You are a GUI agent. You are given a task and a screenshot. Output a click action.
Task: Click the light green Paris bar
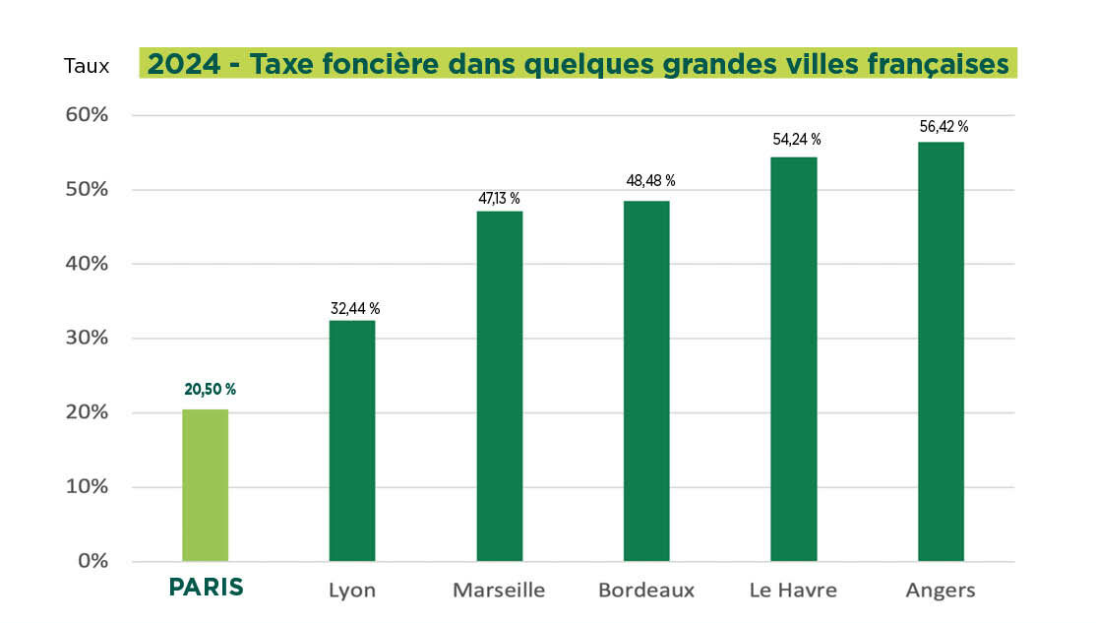pyautogui.click(x=206, y=485)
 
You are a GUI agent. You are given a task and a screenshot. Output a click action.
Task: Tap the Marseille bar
pyautogui.click(x=500, y=386)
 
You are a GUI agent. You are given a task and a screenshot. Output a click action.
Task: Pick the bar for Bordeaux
pyautogui.click(x=646, y=381)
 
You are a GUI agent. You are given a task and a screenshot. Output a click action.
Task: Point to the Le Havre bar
pyautogui.click(x=794, y=359)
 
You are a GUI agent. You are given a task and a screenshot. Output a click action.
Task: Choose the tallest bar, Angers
pyautogui.click(x=941, y=351)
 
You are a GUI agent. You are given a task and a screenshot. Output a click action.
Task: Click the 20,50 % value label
pyautogui.click(x=211, y=389)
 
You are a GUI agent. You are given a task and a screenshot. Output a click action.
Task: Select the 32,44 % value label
pyautogui.click(x=355, y=309)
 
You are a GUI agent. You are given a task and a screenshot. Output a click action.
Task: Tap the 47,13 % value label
pyautogui.click(x=499, y=199)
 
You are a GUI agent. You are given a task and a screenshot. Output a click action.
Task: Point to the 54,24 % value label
pyautogui.click(x=797, y=140)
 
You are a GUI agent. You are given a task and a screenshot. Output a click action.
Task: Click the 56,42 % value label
pyautogui.click(x=944, y=126)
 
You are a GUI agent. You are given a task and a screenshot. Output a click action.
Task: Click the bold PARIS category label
pyautogui.click(x=207, y=589)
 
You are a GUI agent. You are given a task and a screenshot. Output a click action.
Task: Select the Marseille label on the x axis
pyautogui.click(x=499, y=591)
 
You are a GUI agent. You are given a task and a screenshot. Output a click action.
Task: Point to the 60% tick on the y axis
pyautogui.click(x=87, y=115)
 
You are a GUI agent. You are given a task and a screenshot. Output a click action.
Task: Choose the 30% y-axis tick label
pyautogui.click(x=87, y=339)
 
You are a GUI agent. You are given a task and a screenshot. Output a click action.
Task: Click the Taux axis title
pyautogui.click(x=87, y=66)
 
